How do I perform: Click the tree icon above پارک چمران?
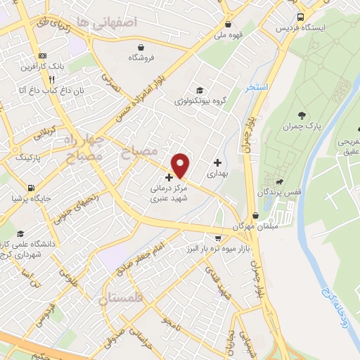tap(302, 115)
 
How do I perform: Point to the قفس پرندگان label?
tap(275, 191)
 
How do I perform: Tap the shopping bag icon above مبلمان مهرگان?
tap(255, 215)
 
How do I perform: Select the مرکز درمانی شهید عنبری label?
tap(168, 194)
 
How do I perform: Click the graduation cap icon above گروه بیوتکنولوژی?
tap(200, 91)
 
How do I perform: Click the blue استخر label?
tap(257, 88)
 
